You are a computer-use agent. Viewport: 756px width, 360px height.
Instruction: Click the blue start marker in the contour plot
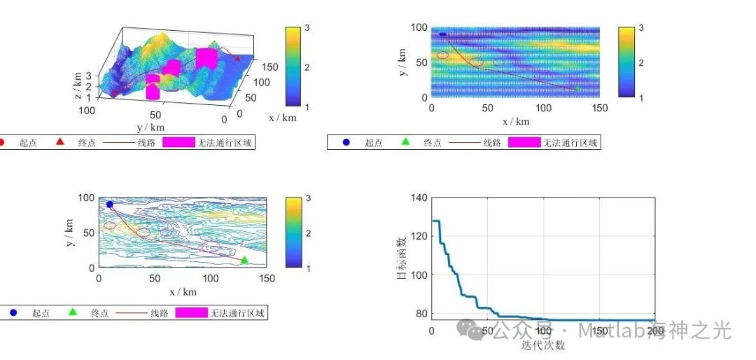coord(110,205)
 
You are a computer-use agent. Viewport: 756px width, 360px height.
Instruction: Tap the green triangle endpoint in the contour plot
coord(244,261)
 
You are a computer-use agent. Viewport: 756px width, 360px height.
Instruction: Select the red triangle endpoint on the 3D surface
coord(237,60)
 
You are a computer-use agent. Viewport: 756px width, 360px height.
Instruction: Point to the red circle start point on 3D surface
coord(115,92)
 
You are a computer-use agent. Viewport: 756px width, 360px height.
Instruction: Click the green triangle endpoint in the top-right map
coord(577,89)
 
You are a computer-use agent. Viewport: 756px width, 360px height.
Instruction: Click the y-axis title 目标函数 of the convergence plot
coord(401,258)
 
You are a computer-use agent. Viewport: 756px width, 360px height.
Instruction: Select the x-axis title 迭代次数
coord(543,345)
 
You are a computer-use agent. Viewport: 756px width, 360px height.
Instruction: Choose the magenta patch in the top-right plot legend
coord(524,143)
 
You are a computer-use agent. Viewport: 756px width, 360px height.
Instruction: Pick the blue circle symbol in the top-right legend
coord(346,143)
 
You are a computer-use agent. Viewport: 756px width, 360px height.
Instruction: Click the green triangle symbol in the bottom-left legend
coord(73,313)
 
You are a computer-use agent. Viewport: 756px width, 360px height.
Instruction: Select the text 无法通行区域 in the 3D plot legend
coord(225,143)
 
